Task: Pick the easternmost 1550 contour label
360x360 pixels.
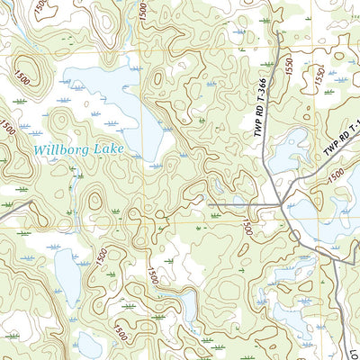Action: pos(319,76)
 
